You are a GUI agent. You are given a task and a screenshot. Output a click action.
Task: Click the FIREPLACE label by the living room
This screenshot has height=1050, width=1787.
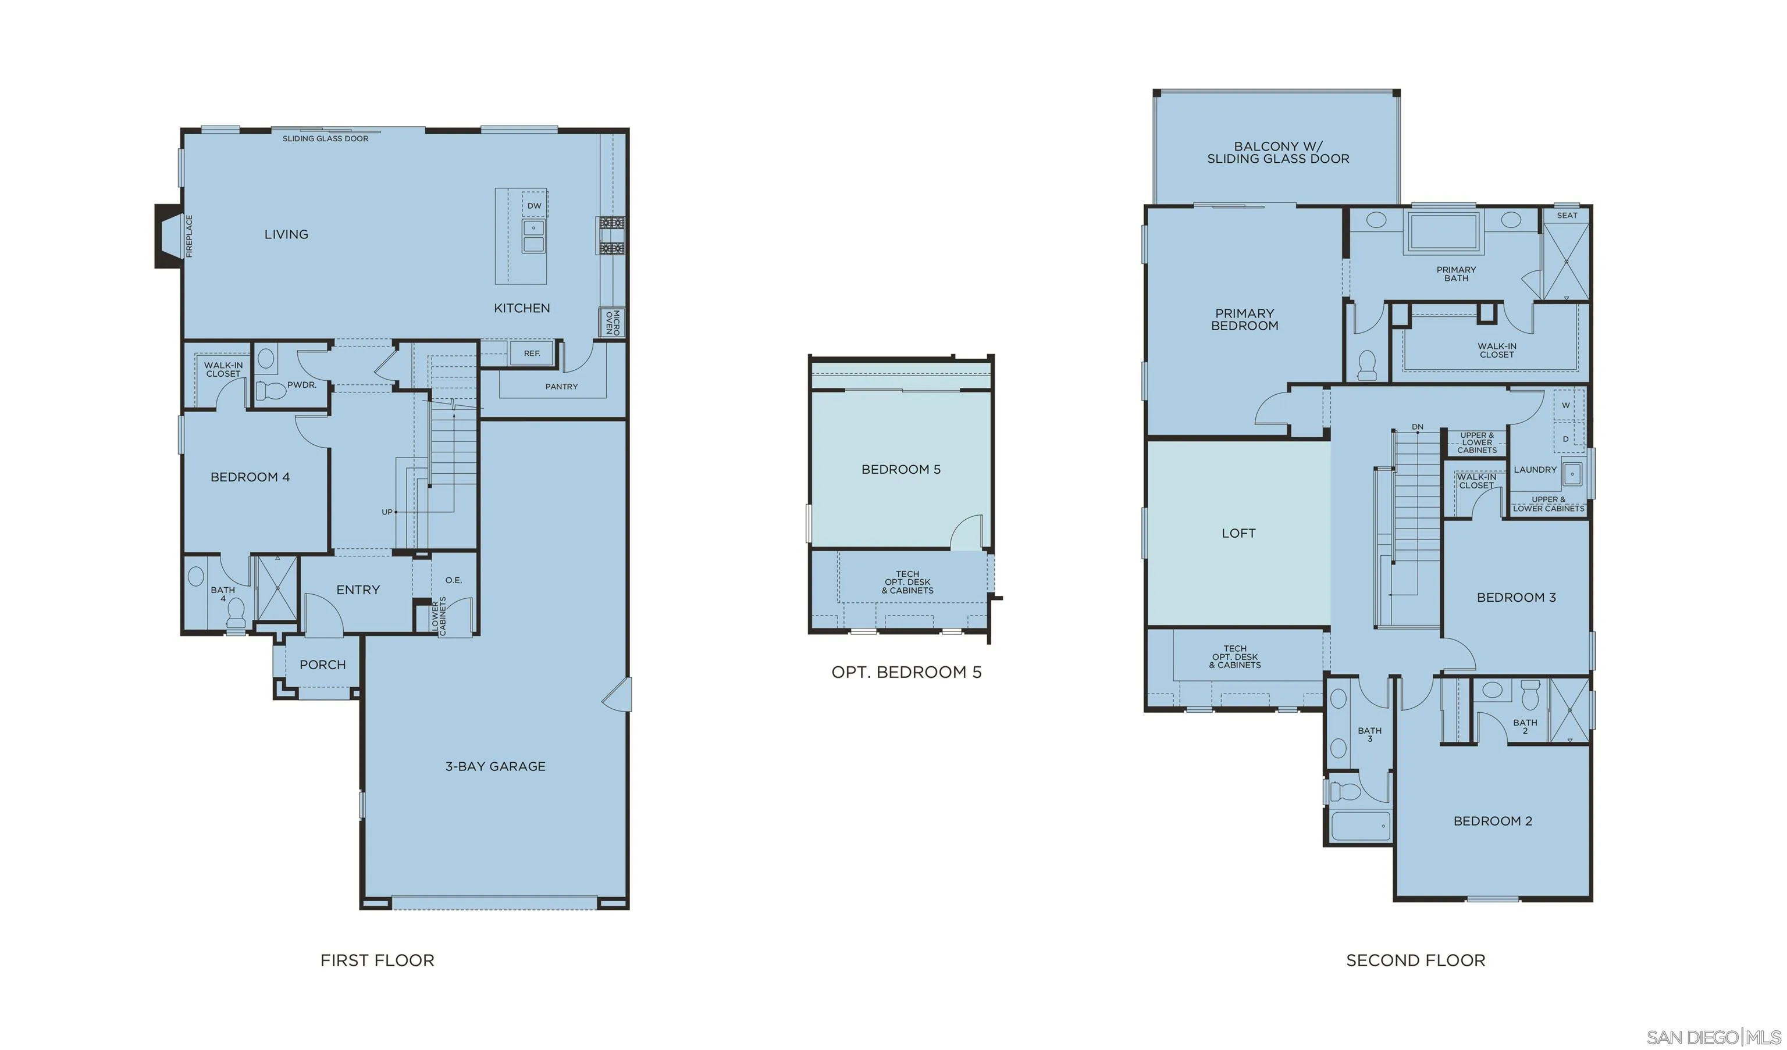click(x=189, y=236)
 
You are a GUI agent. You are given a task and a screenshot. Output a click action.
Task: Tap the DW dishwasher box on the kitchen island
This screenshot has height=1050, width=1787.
click(x=534, y=206)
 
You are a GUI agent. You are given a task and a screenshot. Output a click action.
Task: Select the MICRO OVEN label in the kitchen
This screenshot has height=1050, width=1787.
click(x=612, y=323)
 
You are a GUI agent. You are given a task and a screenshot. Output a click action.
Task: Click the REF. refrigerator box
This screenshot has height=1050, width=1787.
click(x=532, y=353)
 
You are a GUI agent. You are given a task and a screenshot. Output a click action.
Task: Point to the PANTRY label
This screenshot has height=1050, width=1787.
click(x=561, y=387)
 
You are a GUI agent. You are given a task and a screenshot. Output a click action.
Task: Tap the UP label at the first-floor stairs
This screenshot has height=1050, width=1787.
click(x=386, y=512)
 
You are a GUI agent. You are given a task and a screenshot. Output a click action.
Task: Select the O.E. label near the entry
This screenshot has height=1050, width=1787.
click(x=453, y=580)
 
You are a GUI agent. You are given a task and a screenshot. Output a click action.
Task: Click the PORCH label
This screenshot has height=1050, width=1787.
click(x=323, y=665)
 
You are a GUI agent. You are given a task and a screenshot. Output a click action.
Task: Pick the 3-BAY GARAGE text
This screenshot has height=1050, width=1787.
click(x=495, y=766)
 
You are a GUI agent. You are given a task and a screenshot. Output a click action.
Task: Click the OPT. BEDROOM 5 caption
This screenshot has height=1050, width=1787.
click(x=906, y=672)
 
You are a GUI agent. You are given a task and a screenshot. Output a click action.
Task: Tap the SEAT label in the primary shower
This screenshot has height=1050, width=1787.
click(x=1567, y=216)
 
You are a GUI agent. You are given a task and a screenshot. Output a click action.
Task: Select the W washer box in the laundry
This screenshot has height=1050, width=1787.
click(x=1566, y=406)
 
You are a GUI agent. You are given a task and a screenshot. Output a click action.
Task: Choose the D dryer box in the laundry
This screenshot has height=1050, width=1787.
click(x=1566, y=439)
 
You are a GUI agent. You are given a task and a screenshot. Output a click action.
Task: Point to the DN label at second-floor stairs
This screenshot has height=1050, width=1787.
click(x=1417, y=427)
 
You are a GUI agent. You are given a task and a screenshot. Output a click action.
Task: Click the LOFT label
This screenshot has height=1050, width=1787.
click(x=1238, y=533)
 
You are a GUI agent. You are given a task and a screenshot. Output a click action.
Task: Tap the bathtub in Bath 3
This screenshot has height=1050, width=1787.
click(x=1360, y=826)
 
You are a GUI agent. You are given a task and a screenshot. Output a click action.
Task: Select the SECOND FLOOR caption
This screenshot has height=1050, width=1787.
click(x=1415, y=960)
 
